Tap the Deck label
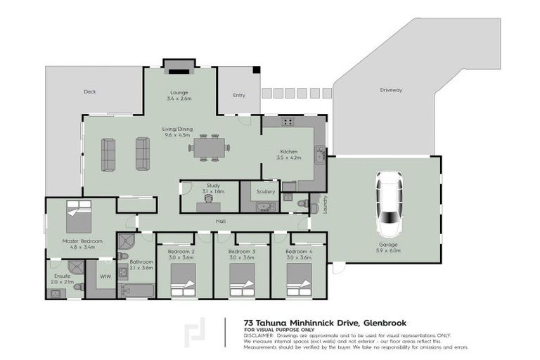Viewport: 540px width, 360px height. point(89,91)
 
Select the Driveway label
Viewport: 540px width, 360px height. point(391,90)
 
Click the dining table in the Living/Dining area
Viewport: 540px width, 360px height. point(209,148)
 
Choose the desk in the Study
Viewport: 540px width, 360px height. point(208,206)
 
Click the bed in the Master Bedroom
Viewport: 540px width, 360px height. point(79,217)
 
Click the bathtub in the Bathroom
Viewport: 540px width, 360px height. point(137,290)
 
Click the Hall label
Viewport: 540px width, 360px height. point(220,221)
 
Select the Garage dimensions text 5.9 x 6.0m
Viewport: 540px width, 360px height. point(388,250)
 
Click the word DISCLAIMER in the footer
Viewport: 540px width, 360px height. point(260,335)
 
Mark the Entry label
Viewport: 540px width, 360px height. point(239,95)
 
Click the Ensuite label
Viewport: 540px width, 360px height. point(63,276)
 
